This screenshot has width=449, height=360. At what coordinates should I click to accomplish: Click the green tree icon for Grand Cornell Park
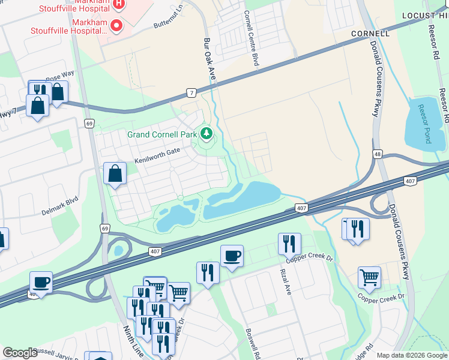tap(206, 133)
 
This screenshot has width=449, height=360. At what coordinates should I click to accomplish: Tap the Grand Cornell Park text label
tap(162, 134)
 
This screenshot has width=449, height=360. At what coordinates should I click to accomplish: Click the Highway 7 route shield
tap(191, 93)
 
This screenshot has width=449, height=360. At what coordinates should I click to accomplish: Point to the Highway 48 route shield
tap(377, 154)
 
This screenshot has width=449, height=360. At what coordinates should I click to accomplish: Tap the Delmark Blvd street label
tap(60, 197)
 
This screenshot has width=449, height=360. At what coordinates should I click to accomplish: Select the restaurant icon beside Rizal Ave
tap(289, 244)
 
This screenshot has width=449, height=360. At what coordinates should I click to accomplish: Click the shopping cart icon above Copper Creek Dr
tap(369, 277)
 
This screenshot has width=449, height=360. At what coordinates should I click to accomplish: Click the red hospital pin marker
tap(115, 26)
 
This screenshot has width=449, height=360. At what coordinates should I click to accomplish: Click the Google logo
tap(20, 353)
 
